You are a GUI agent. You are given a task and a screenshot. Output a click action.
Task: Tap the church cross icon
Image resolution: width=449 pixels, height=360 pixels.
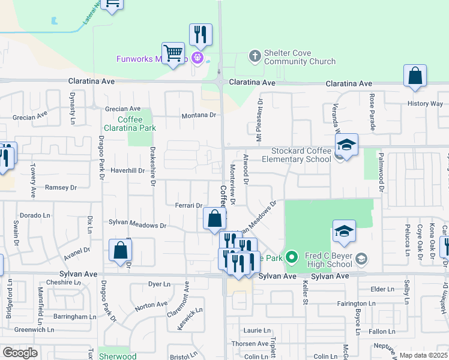(255, 57)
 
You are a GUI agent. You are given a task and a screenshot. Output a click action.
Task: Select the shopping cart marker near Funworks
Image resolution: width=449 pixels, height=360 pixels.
(173, 54)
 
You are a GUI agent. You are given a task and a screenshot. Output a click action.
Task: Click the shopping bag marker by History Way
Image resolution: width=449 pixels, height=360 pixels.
(415, 77)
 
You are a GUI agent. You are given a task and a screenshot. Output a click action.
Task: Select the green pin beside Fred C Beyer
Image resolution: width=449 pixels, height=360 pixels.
(292, 259)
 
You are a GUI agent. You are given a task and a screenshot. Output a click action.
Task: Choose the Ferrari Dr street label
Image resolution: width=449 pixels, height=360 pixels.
(189, 205)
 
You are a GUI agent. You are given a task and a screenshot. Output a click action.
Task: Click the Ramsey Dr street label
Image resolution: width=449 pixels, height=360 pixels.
(61, 188)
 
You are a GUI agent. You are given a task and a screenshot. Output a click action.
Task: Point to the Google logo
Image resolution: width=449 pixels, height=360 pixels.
(20, 352)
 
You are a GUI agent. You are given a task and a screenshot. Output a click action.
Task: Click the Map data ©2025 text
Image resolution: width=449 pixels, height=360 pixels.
(423, 355)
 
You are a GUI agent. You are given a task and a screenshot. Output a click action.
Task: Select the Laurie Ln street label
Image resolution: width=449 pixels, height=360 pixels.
(258, 330)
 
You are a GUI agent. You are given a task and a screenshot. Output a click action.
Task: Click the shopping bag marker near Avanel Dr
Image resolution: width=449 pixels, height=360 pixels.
(120, 251)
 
